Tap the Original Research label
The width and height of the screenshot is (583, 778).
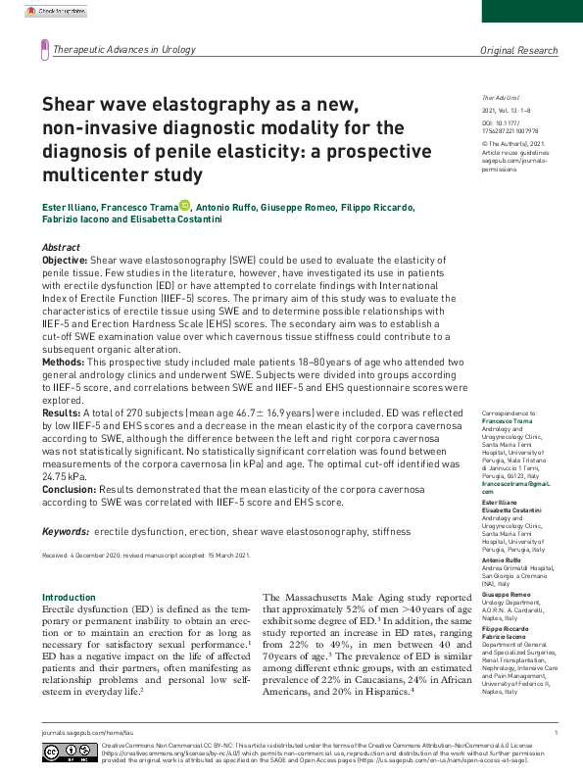[x=518, y=49]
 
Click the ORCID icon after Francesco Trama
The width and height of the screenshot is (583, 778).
[x=184, y=206]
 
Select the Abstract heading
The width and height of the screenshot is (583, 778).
[x=62, y=248]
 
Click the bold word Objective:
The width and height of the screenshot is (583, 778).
[x=72, y=262]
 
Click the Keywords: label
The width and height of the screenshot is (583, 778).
[x=66, y=531]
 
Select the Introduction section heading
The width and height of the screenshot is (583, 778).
[x=69, y=597]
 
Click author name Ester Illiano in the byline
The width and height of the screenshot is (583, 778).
[x=72, y=208]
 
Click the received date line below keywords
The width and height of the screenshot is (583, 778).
[x=146, y=555]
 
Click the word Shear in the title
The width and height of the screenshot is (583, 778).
[x=72, y=104]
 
